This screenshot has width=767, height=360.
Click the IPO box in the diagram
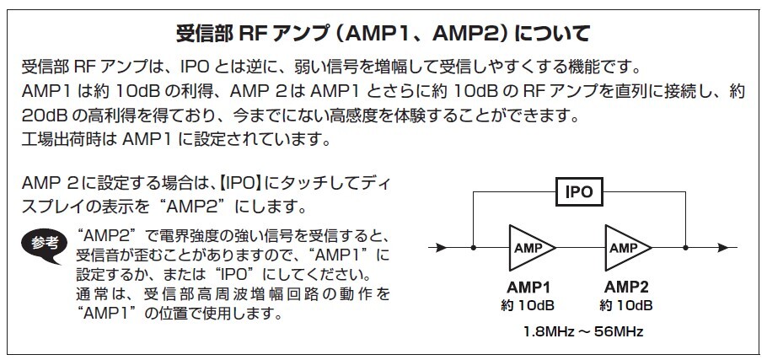tap(580, 191)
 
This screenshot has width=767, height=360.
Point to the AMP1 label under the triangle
tap(528, 287)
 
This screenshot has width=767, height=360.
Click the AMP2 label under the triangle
tap(625, 287)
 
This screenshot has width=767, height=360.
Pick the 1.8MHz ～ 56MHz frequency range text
tap(583, 332)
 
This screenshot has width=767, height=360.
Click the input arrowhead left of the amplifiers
tap(441, 248)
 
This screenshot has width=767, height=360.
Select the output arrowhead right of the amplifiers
tap(723, 248)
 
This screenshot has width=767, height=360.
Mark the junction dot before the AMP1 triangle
tap(473, 248)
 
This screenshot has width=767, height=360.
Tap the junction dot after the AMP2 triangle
tap(686, 248)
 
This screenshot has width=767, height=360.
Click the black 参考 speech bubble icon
tap(45, 244)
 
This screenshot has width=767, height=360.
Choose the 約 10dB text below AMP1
tap(528, 306)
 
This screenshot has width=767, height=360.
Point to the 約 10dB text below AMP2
tap(625, 306)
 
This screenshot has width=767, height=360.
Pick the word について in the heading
tap(553, 35)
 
